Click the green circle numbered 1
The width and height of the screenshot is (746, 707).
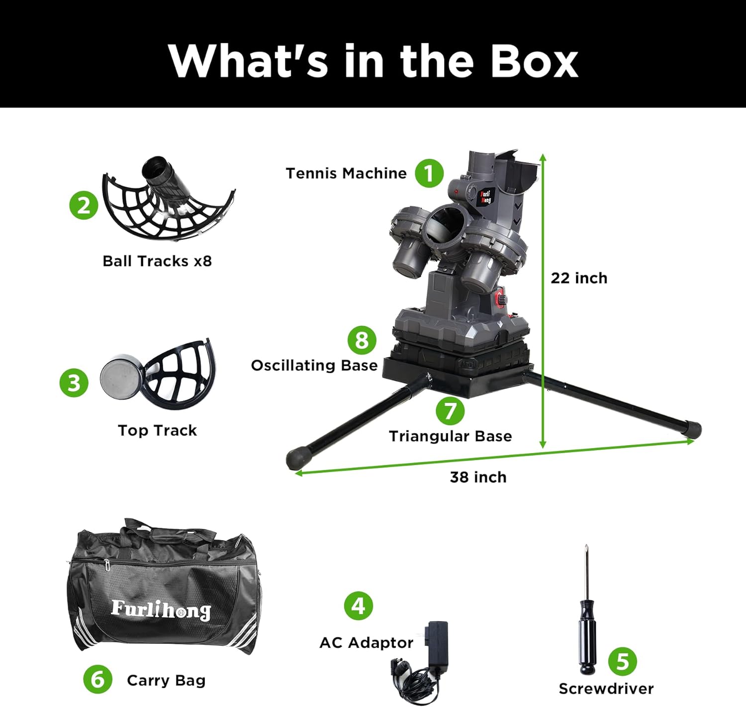click(x=429, y=173)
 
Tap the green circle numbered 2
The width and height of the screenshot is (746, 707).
click(x=84, y=205)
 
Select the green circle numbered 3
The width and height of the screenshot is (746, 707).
click(x=74, y=383)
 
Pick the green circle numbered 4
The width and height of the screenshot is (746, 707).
click(x=358, y=606)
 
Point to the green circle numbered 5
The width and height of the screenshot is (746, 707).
click(x=622, y=661)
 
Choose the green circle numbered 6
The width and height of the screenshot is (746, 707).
click(x=97, y=679)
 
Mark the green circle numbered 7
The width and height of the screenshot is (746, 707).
click(x=450, y=410)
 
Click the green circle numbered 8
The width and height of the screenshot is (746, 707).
click(x=362, y=340)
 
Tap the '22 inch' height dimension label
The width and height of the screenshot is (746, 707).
click(x=579, y=278)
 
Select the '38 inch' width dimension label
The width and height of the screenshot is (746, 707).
click(x=478, y=477)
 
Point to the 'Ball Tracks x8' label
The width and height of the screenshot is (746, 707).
click(x=157, y=261)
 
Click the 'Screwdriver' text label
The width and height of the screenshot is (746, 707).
click(x=606, y=689)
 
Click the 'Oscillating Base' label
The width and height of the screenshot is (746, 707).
click(x=314, y=366)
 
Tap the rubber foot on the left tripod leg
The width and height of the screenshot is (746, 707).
click(x=296, y=460)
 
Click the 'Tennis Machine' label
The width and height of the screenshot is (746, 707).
click(x=346, y=173)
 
